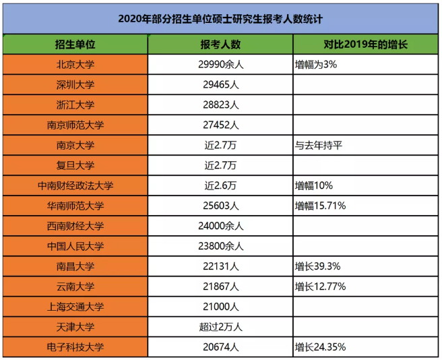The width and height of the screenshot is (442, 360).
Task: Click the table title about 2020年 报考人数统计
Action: coord(220,18)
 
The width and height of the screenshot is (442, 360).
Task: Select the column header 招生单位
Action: coord(75,45)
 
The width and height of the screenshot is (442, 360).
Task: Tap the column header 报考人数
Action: coord(220,45)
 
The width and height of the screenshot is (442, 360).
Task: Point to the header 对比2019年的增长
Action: coord(365,45)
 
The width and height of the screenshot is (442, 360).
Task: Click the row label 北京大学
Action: coord(75,65)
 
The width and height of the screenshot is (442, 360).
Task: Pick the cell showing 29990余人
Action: coord(220,65)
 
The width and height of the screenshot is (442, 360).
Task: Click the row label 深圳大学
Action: coord(75,85)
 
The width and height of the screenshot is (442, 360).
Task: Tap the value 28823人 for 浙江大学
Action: coord(220,105)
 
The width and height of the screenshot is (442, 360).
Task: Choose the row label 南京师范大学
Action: coord(75,125)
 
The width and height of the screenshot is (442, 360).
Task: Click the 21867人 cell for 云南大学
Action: coord(220,287)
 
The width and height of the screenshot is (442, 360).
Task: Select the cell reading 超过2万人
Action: coord(220,327)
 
